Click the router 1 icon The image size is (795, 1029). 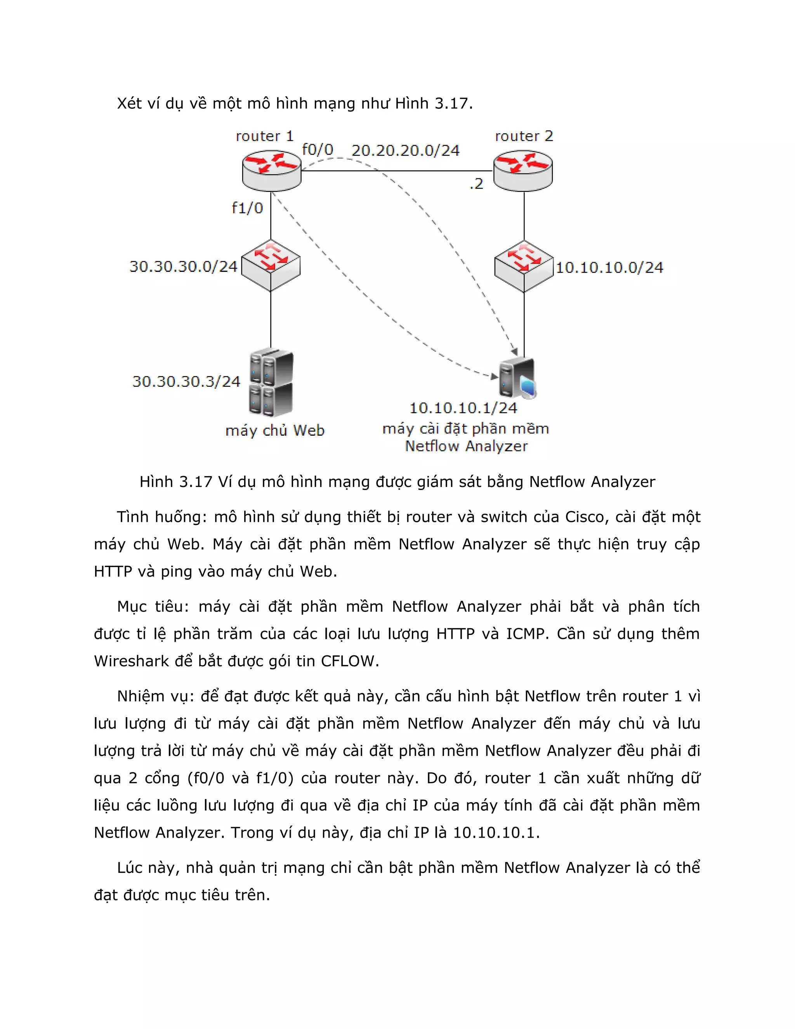click(272, 170)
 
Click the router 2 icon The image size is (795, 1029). click(523, 170)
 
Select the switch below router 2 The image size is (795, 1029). click(524, 266)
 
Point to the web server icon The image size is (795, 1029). click(271, 382)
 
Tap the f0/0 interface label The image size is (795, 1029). click(318, 150)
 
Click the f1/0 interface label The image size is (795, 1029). click(247, 208)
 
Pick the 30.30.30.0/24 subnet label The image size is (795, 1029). click(184, 267)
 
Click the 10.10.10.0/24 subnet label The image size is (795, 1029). click(609, 268)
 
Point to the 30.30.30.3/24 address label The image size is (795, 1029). click(186, 381)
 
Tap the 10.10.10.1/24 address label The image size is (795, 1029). click(463, 408)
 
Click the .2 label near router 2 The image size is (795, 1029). click(477, 184)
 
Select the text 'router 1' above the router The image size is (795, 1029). click(265, 136)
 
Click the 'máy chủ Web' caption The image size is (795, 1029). click(275, 430)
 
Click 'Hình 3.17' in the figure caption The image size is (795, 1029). click(176, 481)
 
